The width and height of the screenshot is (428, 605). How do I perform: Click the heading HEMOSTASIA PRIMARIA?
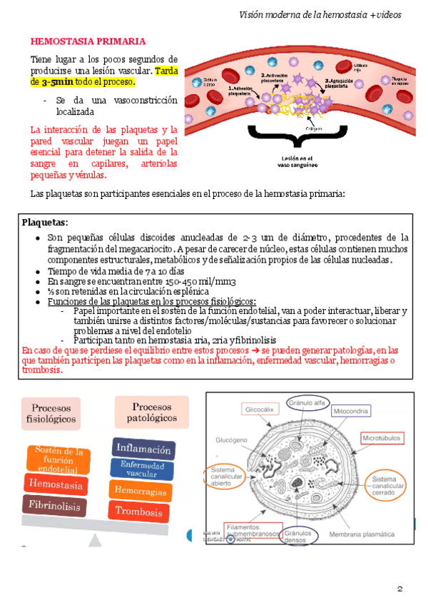point(88,41)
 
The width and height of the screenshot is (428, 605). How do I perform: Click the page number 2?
point(400,589)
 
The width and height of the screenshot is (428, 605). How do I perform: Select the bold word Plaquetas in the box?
point(45,223)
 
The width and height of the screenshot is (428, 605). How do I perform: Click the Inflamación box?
point(143,449)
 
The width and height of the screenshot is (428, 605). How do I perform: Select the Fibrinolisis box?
point(53,505)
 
